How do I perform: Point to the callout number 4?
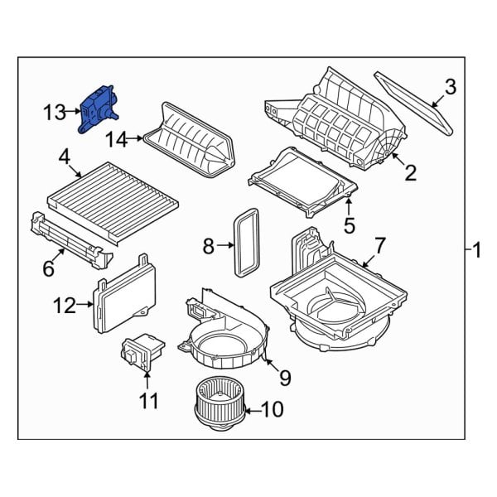63,155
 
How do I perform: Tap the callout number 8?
209,245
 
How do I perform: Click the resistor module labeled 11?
142,352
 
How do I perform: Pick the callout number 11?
147,402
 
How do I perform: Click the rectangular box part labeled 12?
124,294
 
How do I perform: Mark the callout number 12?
64,306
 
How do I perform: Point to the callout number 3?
451,85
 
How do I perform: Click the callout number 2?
409,172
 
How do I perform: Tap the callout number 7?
380,245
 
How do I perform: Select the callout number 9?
284,378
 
